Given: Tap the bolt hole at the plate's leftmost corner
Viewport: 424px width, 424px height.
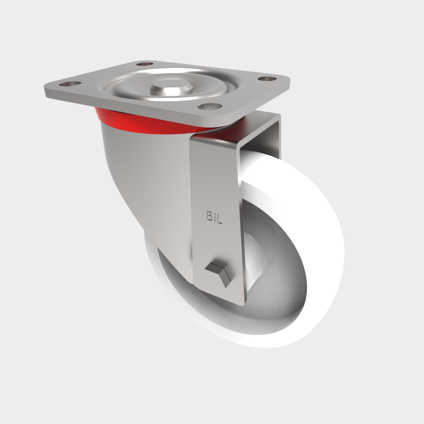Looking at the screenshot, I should [x=68, y=84].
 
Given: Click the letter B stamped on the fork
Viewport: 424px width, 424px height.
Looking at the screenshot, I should [x=209, y=217].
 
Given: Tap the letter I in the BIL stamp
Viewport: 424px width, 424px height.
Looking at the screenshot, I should [x=215, y=217].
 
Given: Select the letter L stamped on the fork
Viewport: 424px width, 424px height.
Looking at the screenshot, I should [x=220, y=217].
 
